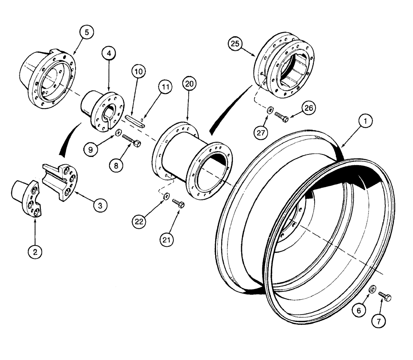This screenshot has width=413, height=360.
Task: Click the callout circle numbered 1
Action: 366,121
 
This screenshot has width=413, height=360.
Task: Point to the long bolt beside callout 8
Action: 131,140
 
